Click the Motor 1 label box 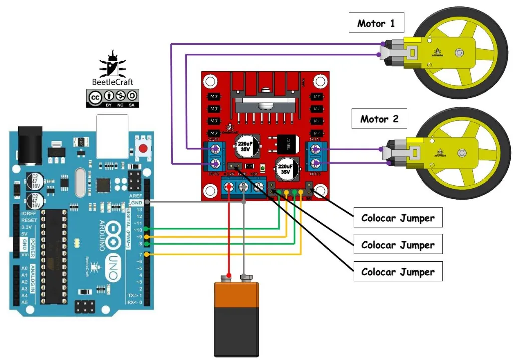point(376,23)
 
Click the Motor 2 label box point(379,119)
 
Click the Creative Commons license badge point(113,98)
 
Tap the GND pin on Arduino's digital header point(146,202)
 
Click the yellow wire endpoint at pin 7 point(146,254)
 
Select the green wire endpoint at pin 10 point(146,229)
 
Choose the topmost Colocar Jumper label point(398,218)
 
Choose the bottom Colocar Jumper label point(398,272)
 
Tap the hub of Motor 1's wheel point(459,52)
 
